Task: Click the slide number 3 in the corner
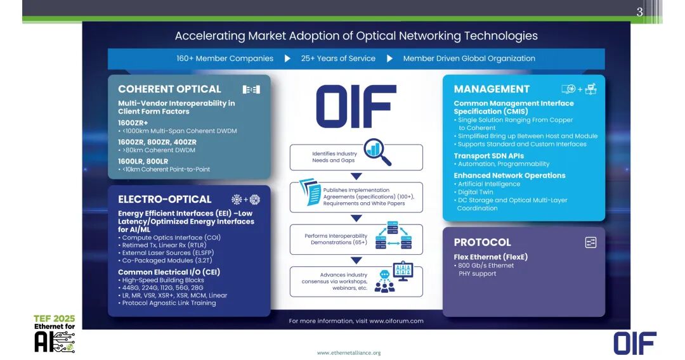pyautogui.click(x=639, y=12)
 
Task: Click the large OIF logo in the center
pyautogui.click(x=356, y=106)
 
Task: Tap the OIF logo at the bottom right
pyautogui.click(x=634, y=343)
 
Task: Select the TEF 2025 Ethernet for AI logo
pyautogui.click(x=55, y=333)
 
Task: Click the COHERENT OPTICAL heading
pyautogui.click(x=169, y=89)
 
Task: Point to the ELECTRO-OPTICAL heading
pyautogui.click(x=164, y=200)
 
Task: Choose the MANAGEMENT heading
pyautogui.click(x=492, y=89)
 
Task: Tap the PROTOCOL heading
pyautogui.click(x=482, y=242)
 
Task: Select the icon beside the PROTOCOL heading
pyautogui.click(x=590, y=242)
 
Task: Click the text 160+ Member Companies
pyautogui.click(x=225, y=58)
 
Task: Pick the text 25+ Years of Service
pyautogui.click(x=338, y=58)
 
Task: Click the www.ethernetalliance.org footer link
pyautogui.click(x=349, y=352)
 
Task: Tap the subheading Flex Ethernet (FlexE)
pyautogui.click(x=490, y=257)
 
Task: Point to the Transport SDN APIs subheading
pyautogui.click(x=488, y=156)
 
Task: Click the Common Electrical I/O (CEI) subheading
pyautogui.click(x=169, y=272)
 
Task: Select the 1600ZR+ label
pyautogui.click(x=133, y=122)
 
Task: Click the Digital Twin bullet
pyautogui.click(x=476, y=192)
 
